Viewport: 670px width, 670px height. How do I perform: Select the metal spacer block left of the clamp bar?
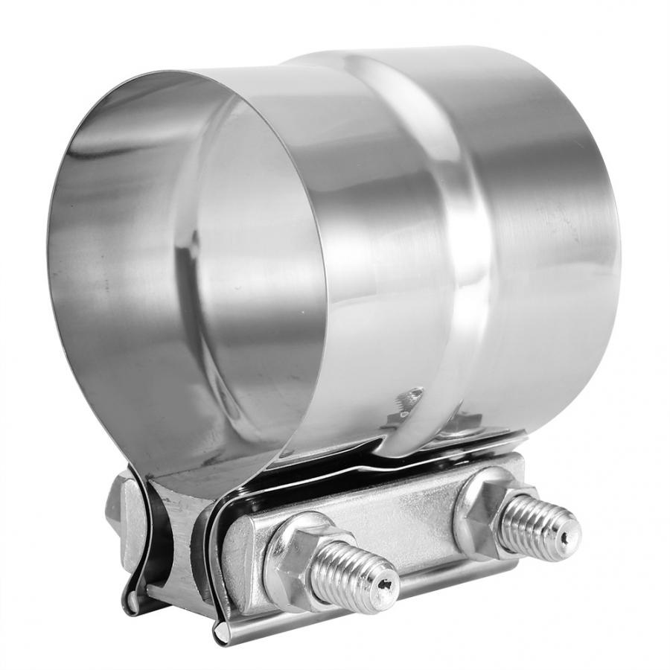179,521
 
